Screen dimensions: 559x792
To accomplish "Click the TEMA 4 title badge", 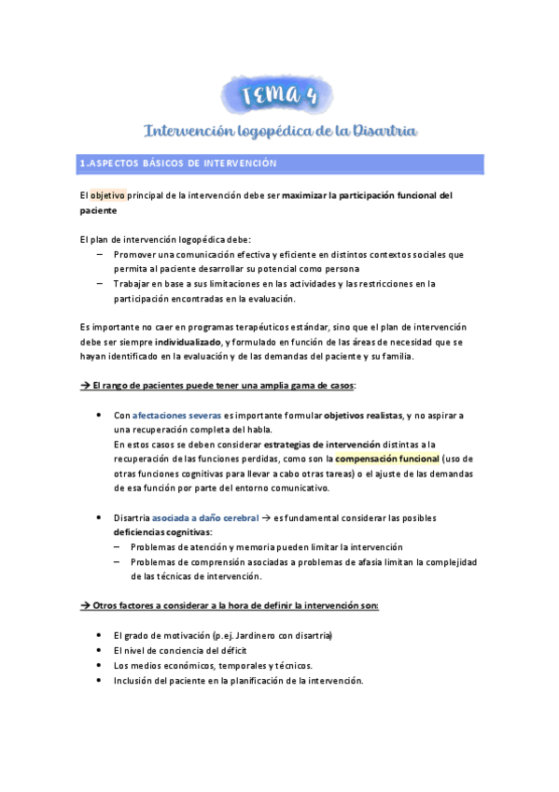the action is pyautogui.click(x=280, y=93).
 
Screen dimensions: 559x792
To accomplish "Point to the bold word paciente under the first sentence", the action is pyautogui.click(x=99, y=211).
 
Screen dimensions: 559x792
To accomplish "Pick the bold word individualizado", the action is pyautogui.click(x=189, y=342).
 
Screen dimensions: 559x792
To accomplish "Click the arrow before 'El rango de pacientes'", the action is pyautogui.click(x=85, y=386).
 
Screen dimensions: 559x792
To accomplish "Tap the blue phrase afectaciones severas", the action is pyautogui.click(x=177, y=415).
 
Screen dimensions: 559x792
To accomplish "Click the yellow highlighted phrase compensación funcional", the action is pyautogui.click(x=386, y=459).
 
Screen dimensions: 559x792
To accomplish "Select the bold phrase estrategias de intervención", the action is pyautogui.click(x=324, y=445).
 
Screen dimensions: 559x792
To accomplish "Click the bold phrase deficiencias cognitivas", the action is pyautogui.click(x=162, y=532).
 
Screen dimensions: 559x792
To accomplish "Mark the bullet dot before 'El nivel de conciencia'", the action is pyautogui.click(x=100, y=650).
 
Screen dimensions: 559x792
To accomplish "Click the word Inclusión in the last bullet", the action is pyautogui.click(x=136, y=680).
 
